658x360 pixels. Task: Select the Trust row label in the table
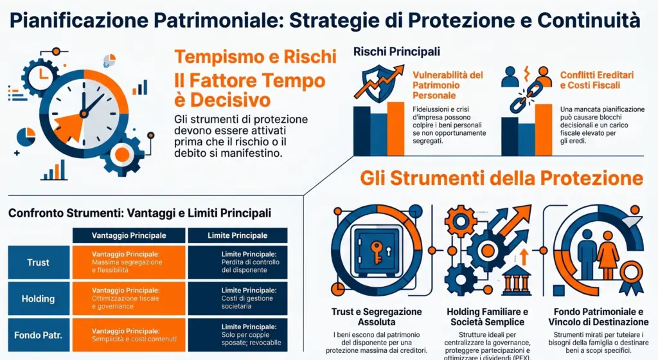click(38, 262)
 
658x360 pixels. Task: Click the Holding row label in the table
click(38, 299)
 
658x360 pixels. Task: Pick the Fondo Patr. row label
click(38, 335)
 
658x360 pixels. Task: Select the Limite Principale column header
click(237, 236)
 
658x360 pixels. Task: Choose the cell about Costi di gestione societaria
click(237, 298)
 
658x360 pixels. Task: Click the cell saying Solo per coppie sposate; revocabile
click(237, 335)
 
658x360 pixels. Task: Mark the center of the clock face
click(84, 114)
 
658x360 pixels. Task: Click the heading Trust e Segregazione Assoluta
click(377, 316)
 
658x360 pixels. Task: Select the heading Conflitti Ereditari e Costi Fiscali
click(596, 80)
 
